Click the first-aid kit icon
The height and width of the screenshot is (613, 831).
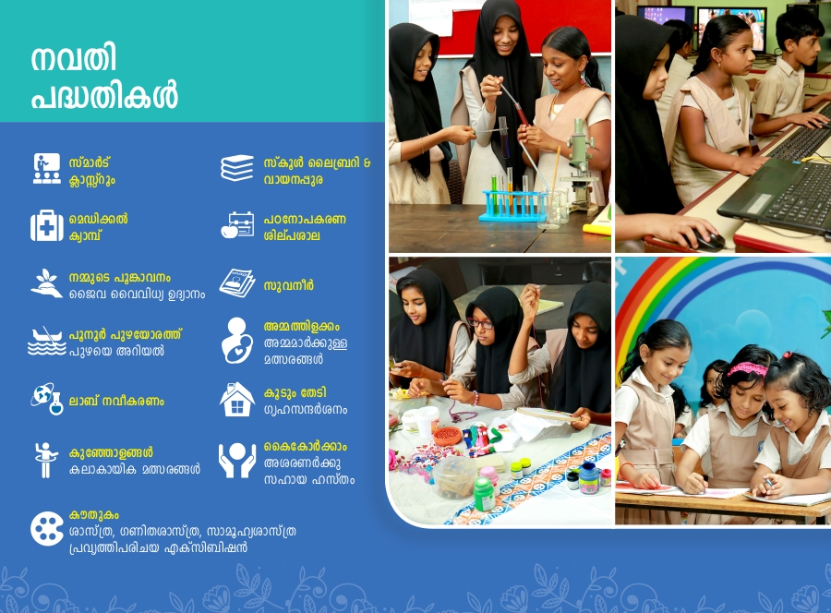pyautogui.click(x=47, y=225)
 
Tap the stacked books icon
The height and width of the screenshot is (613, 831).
pyautogui.click(x=237, y=168)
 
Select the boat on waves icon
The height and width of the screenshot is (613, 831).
pyautogui.click(x=47, y=341)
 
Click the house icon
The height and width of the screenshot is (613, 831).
pyautogui.click(x=237, y=399)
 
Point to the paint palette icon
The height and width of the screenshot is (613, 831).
pyautogui.click(x=47, y=529)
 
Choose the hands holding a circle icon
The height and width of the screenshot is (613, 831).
pyautogui.click(x=237, y=460)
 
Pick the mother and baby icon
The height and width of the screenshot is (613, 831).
pyautogui.click(x=237, y=340)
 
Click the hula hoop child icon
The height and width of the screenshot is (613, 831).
pyautogui.click(x=45, y=460)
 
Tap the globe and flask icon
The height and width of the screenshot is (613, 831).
pyautogui.click(x=47, y=399)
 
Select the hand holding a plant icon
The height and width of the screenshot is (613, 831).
pyautogui.click(x=47, y=282)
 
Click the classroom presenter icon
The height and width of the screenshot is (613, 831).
pyautogui.click(x=47, y=168)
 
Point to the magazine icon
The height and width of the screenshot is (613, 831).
pyautogui.click(x=237, y=282)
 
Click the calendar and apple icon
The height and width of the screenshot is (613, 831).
pyautogui.click(x=237, y=225)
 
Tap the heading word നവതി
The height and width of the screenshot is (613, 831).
pyautogui.click(x=74, y=58)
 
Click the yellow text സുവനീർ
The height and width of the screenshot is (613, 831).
pyautogui.click(x=289, y=285)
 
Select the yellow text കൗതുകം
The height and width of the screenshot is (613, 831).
pyautogui.click(x=94, y=514)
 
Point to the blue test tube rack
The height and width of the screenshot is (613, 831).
pyautogui.click(x=512, y=206)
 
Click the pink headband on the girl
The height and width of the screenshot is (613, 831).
pyautogui.click(x=747, y=368)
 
